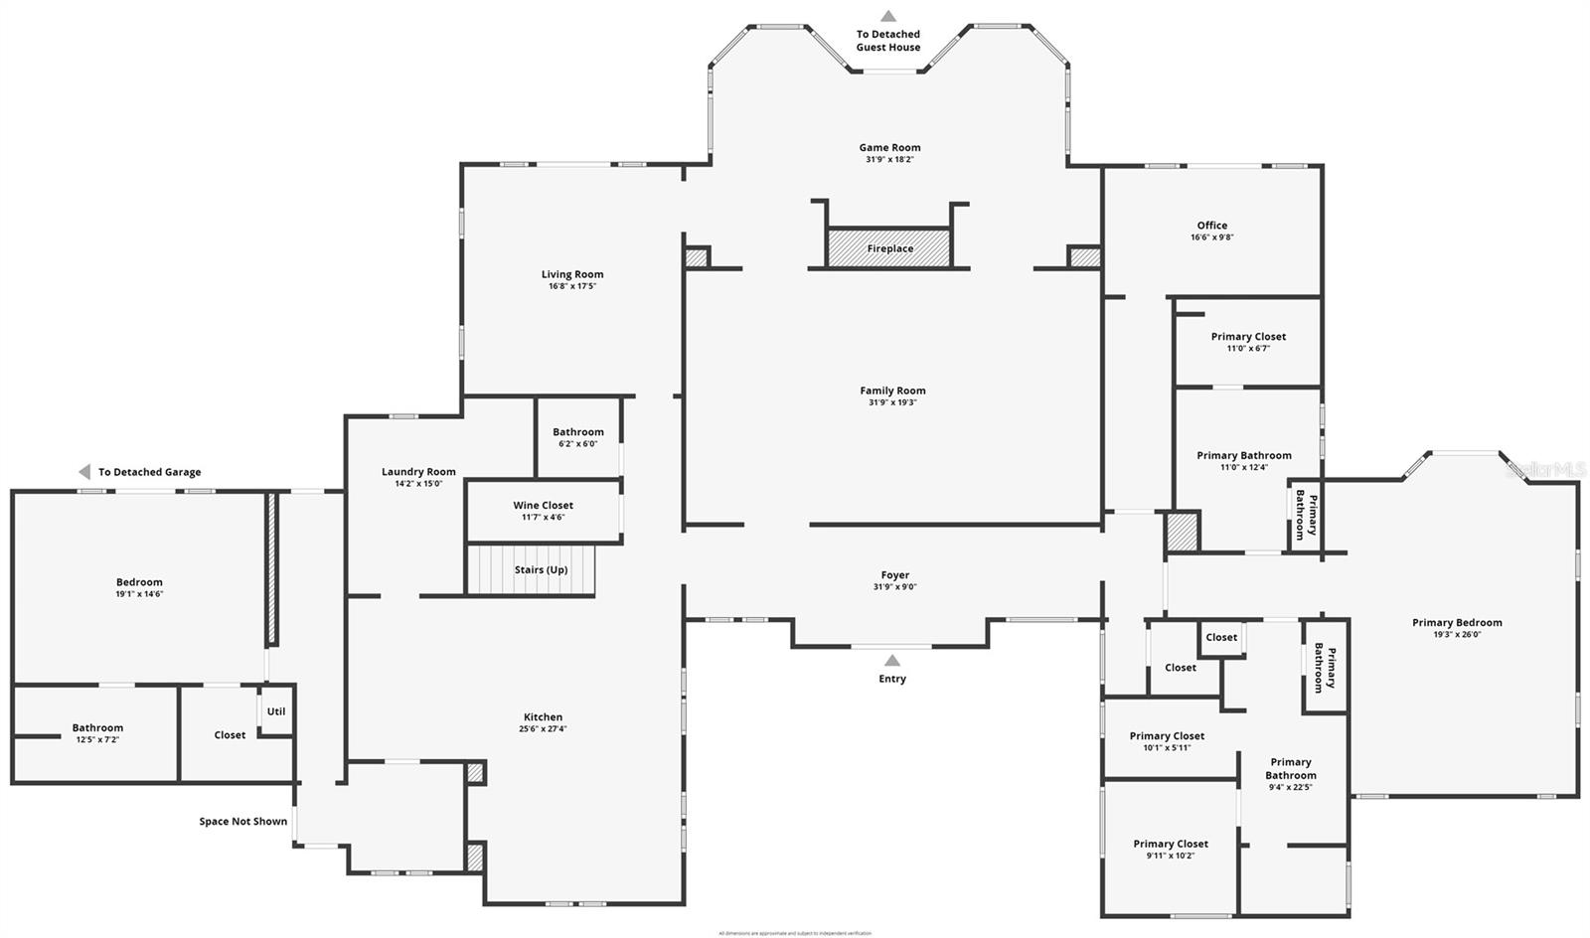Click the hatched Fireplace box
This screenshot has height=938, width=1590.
click(889, 248)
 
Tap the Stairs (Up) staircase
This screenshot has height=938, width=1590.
click(531, 570)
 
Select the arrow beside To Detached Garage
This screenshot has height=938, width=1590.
click(84, 472)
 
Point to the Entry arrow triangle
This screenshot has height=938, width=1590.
click(892, 661)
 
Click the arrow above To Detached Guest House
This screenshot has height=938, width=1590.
click(888, 16)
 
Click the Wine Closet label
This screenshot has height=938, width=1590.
click(543, 505)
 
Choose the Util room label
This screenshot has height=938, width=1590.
click(276, 711)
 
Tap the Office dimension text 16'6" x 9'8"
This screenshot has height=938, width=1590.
click(1211, 237)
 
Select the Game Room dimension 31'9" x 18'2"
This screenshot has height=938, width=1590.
click(889, 159)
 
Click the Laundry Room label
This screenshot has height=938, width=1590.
click(418, 472)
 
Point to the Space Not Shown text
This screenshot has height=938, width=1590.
click(242, 821)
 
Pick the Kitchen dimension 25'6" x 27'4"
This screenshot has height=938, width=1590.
click(543, 729)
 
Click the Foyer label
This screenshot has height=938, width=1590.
click(894, 574)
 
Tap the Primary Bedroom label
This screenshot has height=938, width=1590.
click(1457, 622)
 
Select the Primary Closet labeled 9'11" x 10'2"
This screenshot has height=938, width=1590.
click(1171, 850)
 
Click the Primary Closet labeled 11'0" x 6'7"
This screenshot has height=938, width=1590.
click(1248, 342)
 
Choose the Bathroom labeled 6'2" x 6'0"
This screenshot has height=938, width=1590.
click(577, 437)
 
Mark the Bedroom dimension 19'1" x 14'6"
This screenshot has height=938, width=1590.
click(139, 594)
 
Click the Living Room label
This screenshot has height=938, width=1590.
click(572, 274)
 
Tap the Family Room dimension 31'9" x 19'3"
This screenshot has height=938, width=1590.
click(892, 402)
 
